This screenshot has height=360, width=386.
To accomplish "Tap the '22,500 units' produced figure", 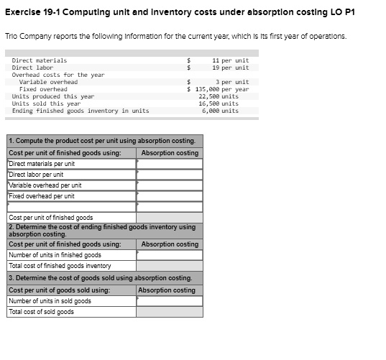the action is point(219,96).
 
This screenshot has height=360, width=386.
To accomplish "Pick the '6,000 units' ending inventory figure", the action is point(220,111).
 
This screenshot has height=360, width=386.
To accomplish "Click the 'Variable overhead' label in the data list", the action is point(48,82).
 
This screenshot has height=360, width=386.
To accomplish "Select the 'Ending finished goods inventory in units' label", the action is point(81,111).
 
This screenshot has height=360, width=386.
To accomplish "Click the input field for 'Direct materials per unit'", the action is point(169,164).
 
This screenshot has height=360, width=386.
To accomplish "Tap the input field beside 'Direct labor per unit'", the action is point(169,175).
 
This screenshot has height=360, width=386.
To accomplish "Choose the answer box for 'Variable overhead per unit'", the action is point(169,185).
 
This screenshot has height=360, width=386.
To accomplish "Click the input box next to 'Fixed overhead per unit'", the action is point(169,196).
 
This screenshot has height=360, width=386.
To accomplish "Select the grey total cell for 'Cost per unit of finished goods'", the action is point(169,217).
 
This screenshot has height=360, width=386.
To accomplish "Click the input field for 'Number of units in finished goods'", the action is point(169,255).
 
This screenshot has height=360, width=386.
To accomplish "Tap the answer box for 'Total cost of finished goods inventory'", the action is point(169,266).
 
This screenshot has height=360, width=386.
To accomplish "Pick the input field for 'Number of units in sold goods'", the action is point(169,301).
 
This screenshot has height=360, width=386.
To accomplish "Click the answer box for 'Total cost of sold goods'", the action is point(169,312).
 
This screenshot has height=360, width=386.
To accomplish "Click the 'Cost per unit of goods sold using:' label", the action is point(59,290).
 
